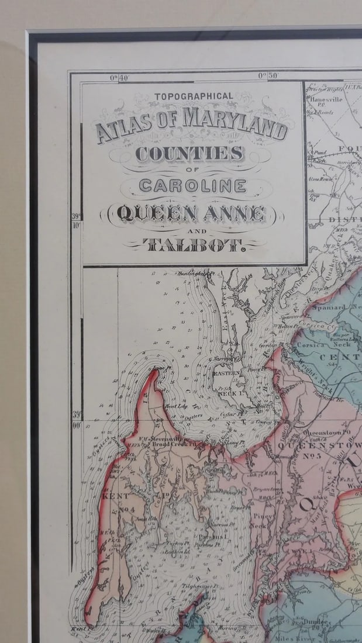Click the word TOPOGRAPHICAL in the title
tap(194, 96)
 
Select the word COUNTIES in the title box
tap(189, 153)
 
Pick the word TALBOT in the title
tap(194, 244)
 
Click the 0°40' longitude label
tap(120, 77)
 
